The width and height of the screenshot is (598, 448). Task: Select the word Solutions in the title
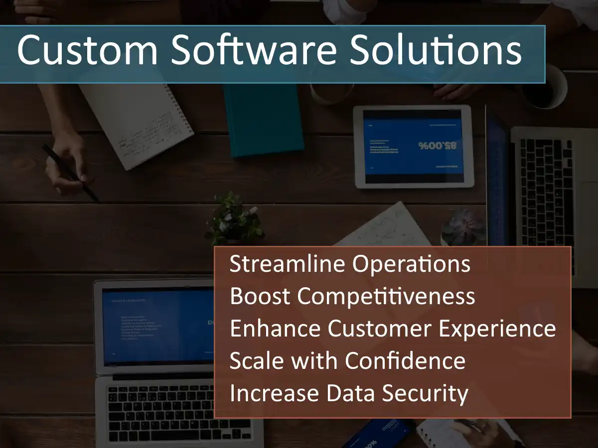435,50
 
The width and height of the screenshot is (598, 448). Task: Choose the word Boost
259,297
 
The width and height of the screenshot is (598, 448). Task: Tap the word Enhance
275,329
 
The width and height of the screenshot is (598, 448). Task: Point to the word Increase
275,393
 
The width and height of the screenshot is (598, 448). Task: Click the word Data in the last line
350,393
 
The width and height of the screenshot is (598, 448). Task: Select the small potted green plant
234,219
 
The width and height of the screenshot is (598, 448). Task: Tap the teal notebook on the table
263,119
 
